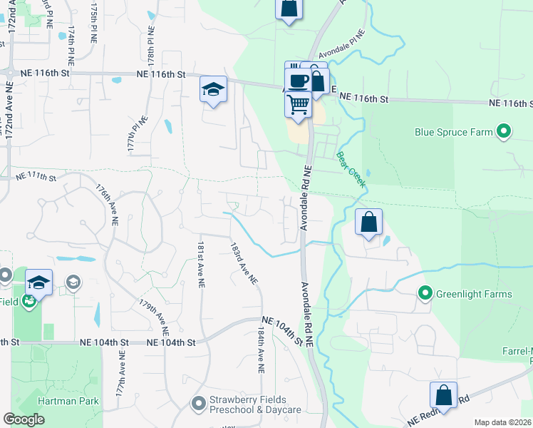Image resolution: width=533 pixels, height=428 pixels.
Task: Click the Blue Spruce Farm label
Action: tap(455, 132)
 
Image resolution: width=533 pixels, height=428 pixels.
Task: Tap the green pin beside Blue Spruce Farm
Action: tap(504, 131)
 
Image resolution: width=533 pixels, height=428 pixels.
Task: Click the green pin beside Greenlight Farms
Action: tap(425, 293)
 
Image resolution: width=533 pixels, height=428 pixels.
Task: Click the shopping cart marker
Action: tap(299, 105)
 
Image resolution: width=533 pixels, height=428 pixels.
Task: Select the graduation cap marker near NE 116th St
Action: tap(213, 90)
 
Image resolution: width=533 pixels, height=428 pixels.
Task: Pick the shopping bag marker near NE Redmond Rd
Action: tap(443, 396)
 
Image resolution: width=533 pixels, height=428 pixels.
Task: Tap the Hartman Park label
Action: tap(61, 402)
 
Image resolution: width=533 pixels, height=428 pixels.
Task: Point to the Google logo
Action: tap(24, 419)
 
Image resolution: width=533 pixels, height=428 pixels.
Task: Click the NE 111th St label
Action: tap(36, 175)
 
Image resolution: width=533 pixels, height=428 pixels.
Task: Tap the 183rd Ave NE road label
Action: tap(243, 263)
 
